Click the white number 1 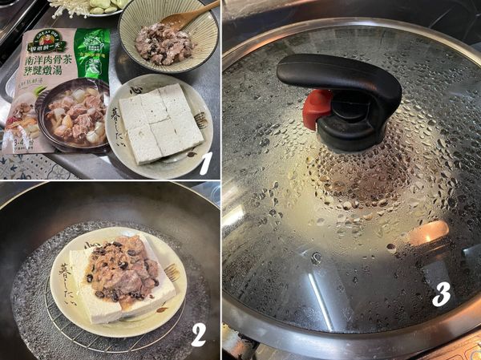205,163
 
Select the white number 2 198,334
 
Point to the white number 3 441,294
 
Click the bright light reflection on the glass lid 428,233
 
